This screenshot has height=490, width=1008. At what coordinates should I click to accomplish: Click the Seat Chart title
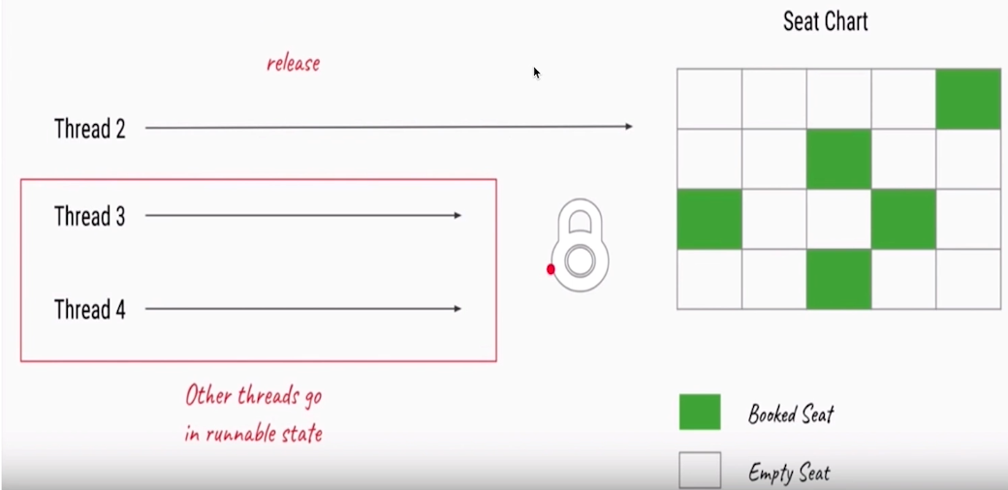825,21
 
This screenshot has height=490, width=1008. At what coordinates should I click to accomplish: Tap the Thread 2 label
89,128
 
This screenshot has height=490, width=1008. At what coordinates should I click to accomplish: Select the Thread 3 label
89,216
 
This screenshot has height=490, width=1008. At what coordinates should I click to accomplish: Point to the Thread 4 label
89,310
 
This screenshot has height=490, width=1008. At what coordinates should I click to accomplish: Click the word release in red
293,64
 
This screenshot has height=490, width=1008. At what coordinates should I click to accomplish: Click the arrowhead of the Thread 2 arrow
629,127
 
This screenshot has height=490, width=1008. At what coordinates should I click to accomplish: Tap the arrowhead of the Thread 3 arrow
457,215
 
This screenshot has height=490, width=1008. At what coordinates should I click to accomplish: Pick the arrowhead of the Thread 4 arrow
457,309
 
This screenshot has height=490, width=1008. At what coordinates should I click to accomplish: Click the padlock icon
580,245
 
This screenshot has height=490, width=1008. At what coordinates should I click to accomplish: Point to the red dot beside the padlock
551,269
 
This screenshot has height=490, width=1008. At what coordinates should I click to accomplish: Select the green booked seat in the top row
967,98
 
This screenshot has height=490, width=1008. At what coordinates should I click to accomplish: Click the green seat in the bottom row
838,280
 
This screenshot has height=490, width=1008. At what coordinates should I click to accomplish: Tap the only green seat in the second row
838,159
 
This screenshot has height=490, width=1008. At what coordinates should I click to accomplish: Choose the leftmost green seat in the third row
709,219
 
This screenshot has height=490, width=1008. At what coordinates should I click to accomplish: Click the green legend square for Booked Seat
700,413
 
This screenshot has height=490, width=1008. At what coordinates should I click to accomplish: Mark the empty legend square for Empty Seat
700,470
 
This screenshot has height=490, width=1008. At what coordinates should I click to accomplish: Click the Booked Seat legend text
791,415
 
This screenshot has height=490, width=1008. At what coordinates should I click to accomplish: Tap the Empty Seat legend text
789,474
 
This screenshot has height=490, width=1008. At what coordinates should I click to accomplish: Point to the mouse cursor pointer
536,72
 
